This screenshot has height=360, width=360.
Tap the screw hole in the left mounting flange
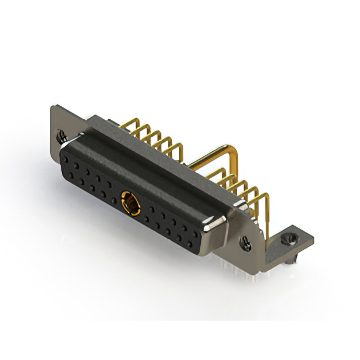61,135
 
